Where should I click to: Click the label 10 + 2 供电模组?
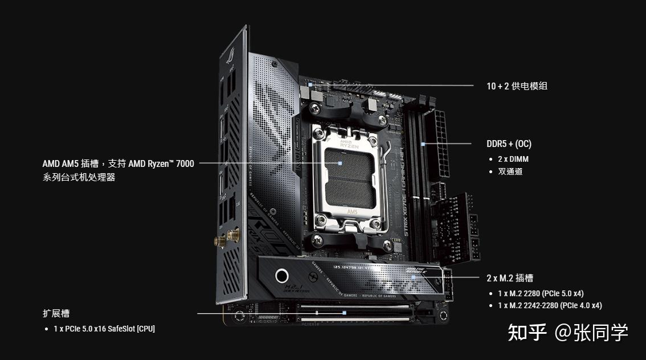(x=517, y=86)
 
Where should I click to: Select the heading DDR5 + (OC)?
(x=509, y=144)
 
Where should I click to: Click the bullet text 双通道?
(x=510, y=171)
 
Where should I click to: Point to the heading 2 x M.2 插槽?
(x=510, y=278)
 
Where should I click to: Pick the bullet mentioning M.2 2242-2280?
(x=550, y=305)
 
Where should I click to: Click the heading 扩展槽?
(x=56, y=313)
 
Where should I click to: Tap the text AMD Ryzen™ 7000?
(x=161, y=164)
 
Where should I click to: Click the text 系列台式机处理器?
(x=79, y=177)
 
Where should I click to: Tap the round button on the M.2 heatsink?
(x=282, y=276)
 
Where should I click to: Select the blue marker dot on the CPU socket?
(x=340, y=163)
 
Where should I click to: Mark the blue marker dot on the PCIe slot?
(x=344, y=313)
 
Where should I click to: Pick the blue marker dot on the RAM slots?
(x=423, y=144)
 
